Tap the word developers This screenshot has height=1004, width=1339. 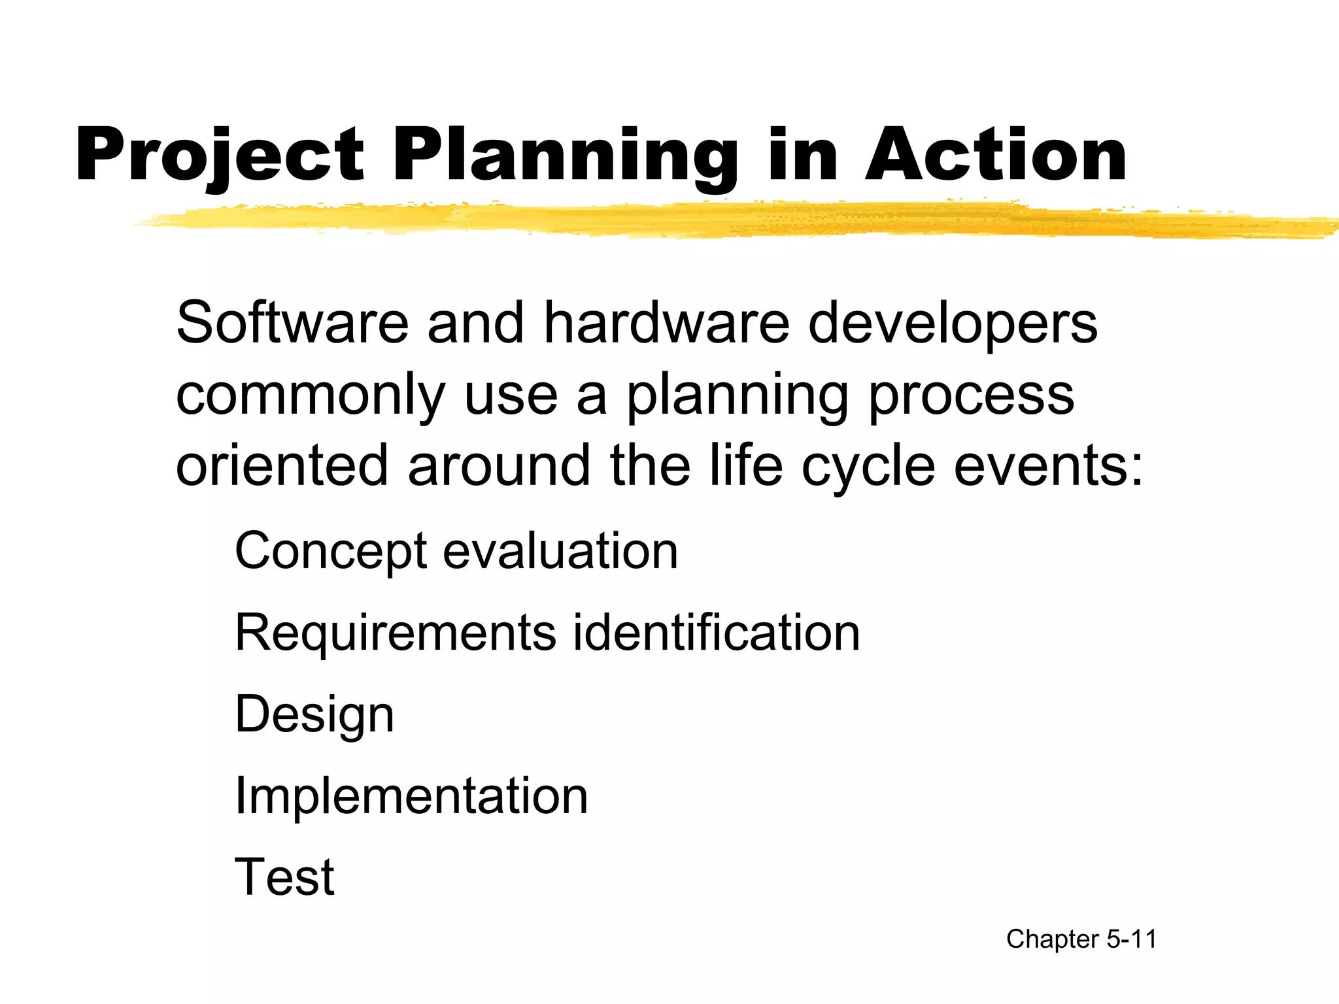click(x=953, y=325)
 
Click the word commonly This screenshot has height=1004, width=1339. click(x=311, y=396)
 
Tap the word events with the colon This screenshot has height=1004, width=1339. click(x=1048, y=465)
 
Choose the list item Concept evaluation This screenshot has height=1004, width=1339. click(x=456, y=551)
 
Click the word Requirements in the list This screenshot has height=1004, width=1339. click(x=395, y=633)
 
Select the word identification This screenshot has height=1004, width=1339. click(x=717, y=632)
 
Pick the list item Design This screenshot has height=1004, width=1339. click(x=314, y=715)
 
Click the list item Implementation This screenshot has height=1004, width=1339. click(x=411, y=795)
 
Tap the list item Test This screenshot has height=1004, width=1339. click(x=284, y=877)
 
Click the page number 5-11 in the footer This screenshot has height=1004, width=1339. click(x=1132, y=939)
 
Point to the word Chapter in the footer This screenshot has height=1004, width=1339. click(x=1053, y=940)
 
